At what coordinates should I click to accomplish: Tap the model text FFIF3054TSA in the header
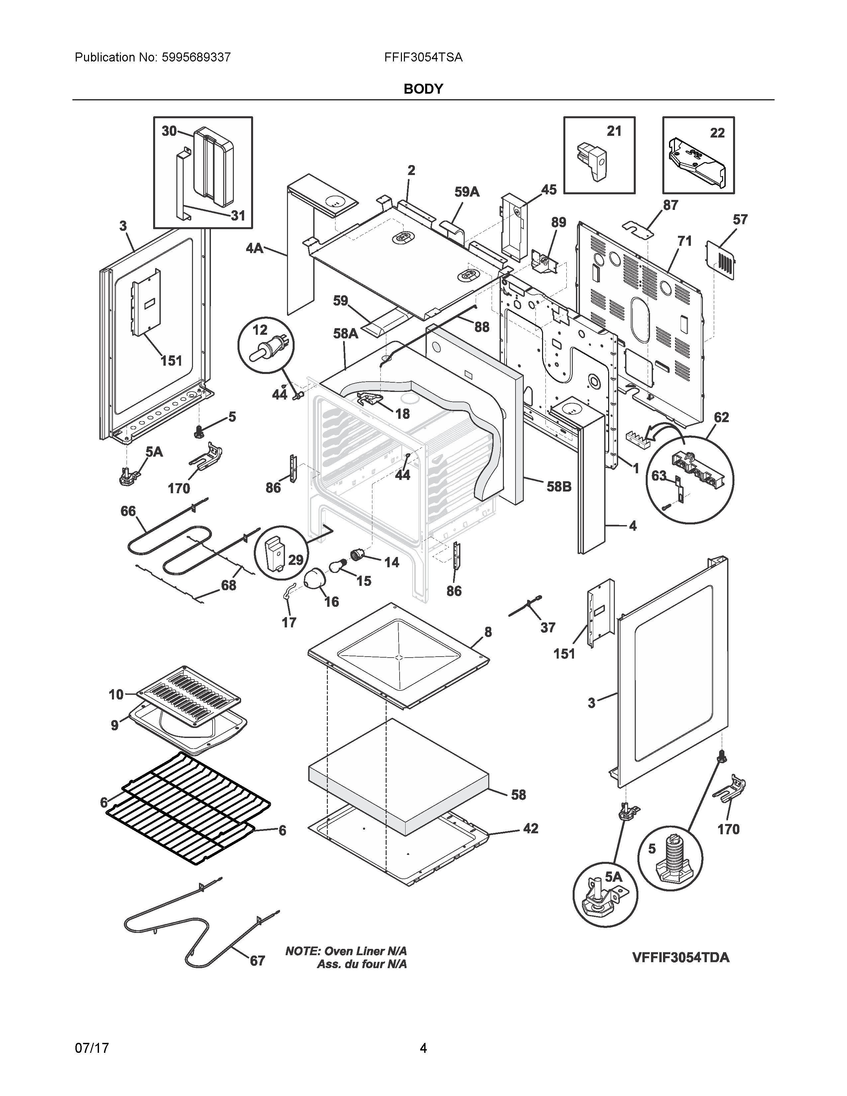(x=423, y=57)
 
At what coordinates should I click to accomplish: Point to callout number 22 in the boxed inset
(x=717, y=133)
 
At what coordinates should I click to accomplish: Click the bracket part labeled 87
(x=638, y=228)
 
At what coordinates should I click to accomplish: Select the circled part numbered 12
(x=266, y=345)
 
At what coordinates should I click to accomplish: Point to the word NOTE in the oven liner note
(x=303, y=951)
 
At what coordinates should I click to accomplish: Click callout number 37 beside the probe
(x=547, y=627)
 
